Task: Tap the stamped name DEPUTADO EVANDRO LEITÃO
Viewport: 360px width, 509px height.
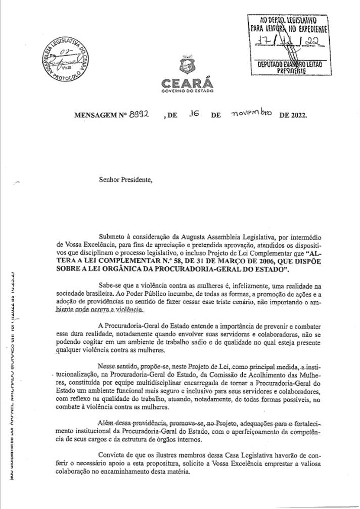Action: [290, 66]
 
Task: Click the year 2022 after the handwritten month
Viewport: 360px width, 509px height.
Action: [296, 115]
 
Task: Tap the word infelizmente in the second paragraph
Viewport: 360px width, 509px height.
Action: [233, 286]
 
